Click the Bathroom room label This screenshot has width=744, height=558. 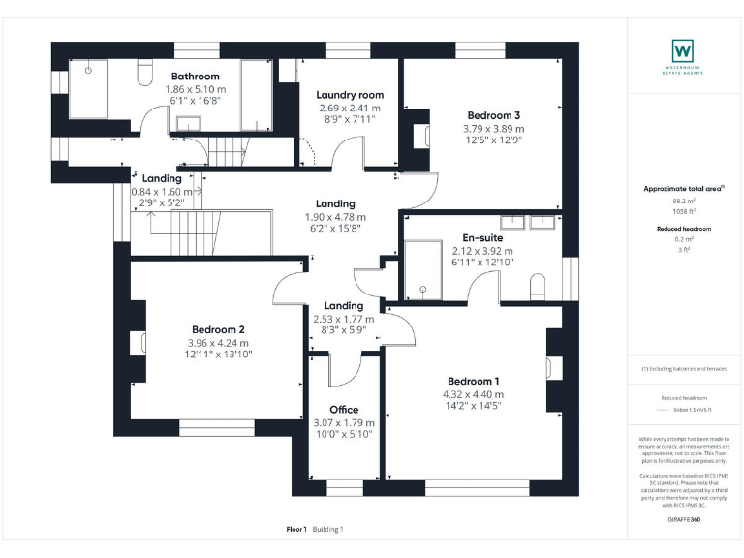(x=195, y=77)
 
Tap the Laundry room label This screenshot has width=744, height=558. (x=350, y=95)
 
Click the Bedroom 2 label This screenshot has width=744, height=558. (x=217, y=329)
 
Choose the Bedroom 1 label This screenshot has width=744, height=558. (x=474, y=381)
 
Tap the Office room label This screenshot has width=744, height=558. (x=344, y=410)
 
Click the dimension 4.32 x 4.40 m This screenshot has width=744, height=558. (x=474, y=394)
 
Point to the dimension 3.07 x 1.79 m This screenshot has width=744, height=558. (x=344, y=423)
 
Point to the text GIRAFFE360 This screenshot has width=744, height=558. (x=685, y=520)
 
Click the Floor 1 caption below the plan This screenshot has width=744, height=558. (x=296, y=529)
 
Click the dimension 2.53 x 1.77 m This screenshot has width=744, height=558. (x=344, y=318)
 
